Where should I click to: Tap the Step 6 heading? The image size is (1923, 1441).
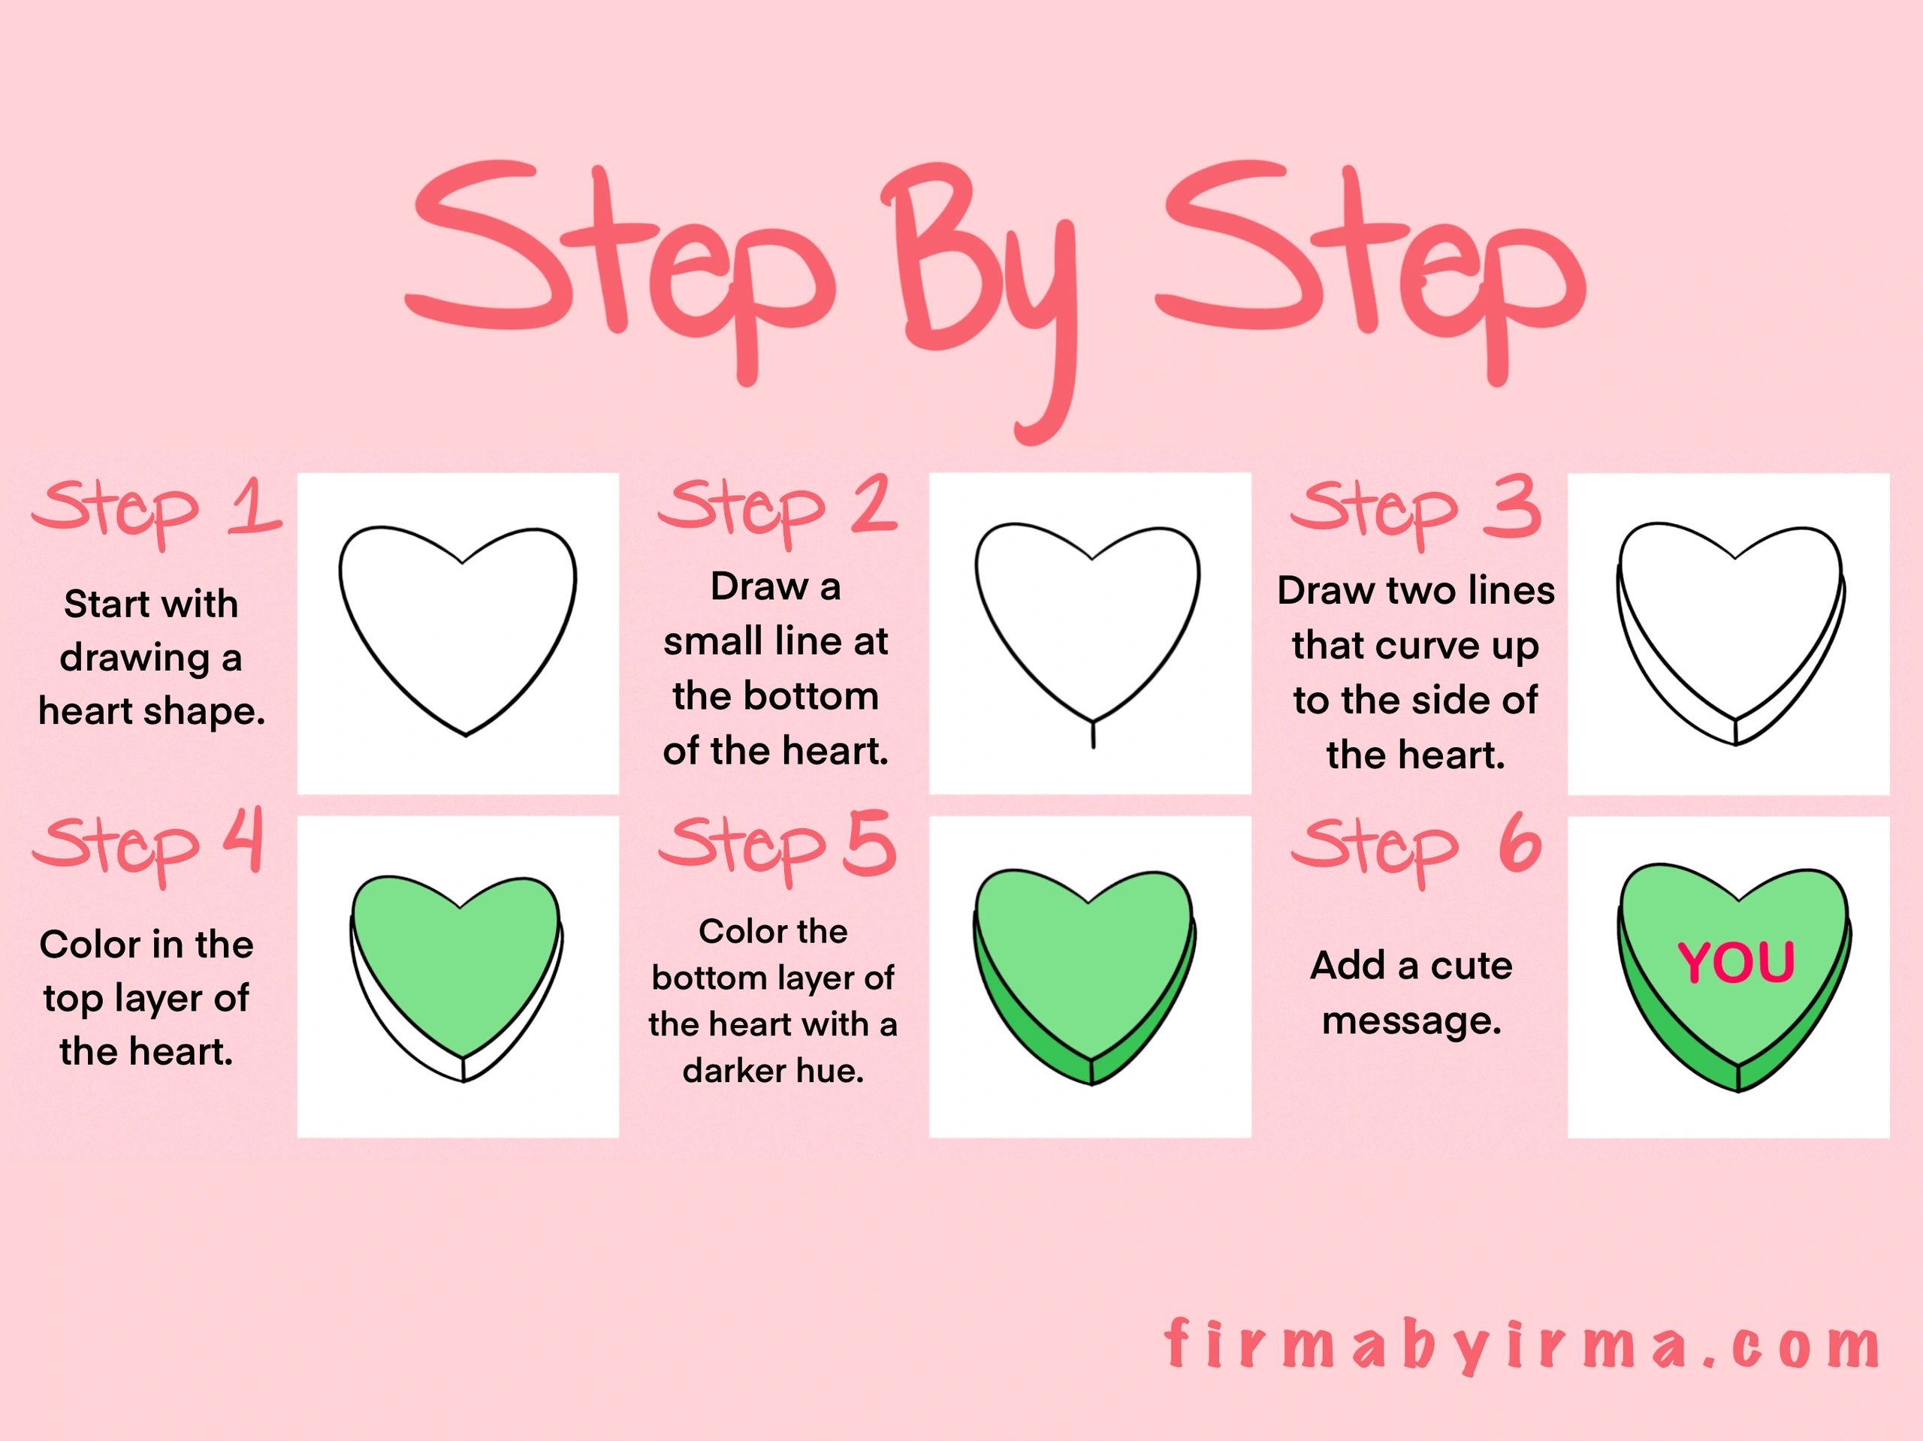coord(1416,850)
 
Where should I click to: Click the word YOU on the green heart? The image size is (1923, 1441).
coord(1736,963)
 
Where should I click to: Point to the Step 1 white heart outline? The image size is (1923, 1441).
coord(458,631)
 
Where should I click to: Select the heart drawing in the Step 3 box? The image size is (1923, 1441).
coord(1730,634)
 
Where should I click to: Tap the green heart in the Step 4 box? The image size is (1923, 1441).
coord(457,978)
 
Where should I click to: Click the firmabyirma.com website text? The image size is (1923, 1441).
coord(1522,1346)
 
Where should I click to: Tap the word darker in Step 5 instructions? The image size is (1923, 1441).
coord(725,1071)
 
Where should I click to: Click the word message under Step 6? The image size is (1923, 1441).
coord(1411,1022)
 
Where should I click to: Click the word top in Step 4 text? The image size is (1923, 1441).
coord(73,999)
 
